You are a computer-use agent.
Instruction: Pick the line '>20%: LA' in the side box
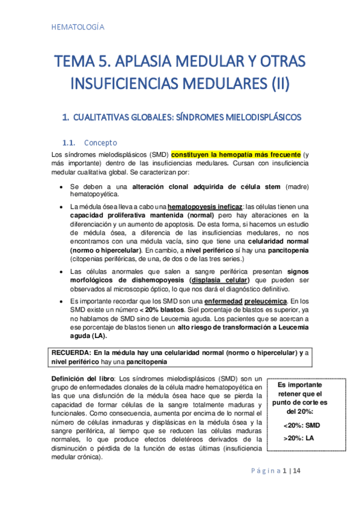pyautogui.click(x=299, y=438)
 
